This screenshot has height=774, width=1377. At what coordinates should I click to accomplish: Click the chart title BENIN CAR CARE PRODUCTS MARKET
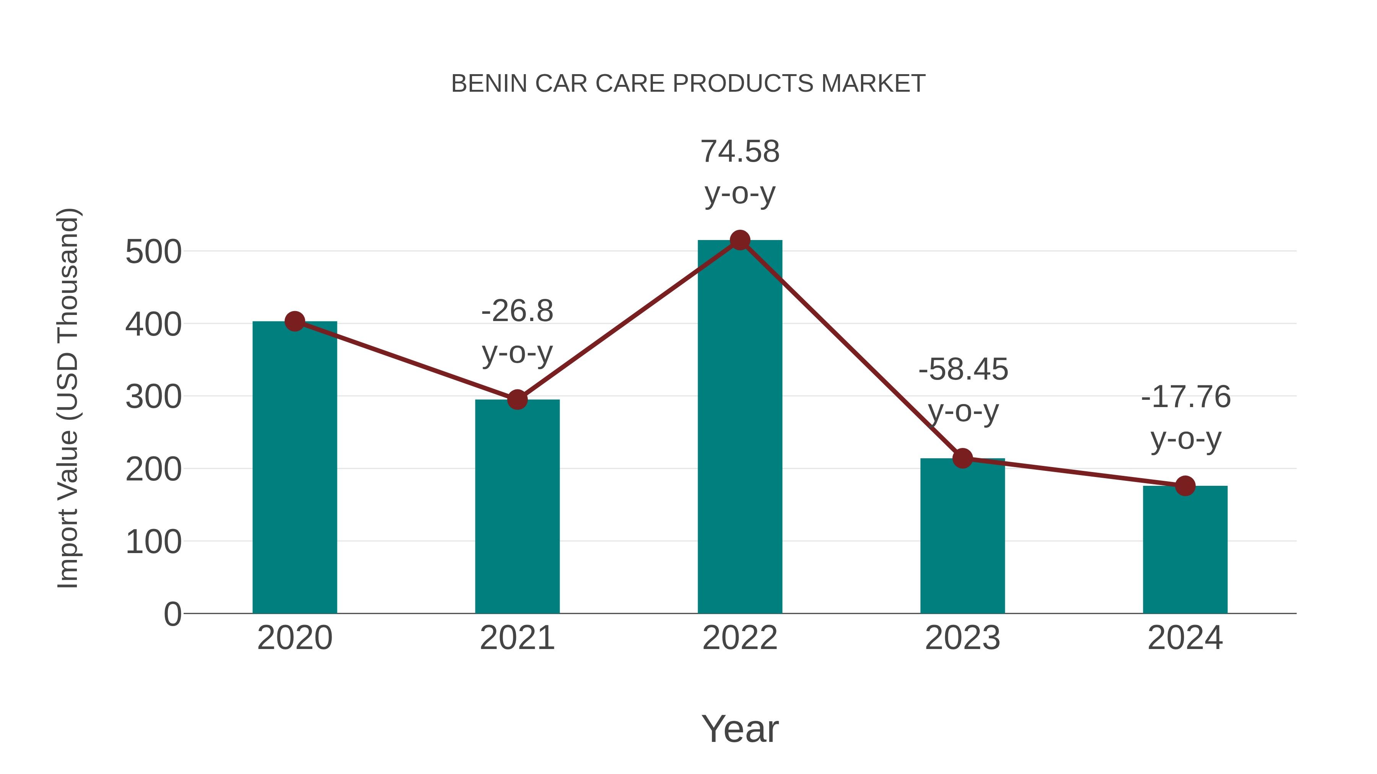pyautogui.click(x=688, y=84)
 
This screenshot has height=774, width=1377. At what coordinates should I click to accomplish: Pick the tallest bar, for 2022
pyautogui.click(x=740, y=427)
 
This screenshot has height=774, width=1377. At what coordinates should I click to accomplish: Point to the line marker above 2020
pyautogui.click(x=295, y=321)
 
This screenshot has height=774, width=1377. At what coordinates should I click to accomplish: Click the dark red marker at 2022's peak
pyautogui.click(x=740, y=240)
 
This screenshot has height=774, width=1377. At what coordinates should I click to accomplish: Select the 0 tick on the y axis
pyautogui.click(x=172, y=614)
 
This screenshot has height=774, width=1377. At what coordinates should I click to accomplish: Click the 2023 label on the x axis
pyautogui.click(x=962, y=638)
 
